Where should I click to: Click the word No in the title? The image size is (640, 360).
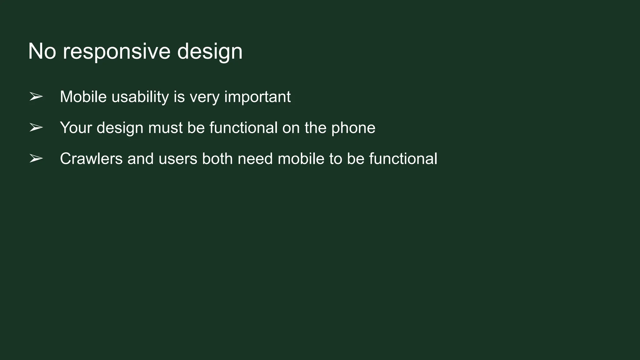tap(42, 51)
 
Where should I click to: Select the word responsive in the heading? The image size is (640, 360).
tap(117, 52)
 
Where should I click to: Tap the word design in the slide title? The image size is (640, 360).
tap(210, 52)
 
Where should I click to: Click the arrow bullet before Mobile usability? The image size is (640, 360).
tap(36, 97)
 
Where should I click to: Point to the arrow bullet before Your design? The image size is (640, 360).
tap(36, 127)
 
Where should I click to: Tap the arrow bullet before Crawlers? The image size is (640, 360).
tap(36, 159)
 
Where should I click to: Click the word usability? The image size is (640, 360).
tap(140, 97)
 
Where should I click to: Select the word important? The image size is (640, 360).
tap(257, 97)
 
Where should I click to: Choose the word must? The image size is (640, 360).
tap(165, 127)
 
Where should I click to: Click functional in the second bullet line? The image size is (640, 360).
tap(243, 127)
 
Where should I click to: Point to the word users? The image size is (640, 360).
tap(178, 159)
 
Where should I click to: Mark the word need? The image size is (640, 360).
tap(255, 159)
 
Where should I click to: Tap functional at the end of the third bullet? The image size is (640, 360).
tap(403, 159)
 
